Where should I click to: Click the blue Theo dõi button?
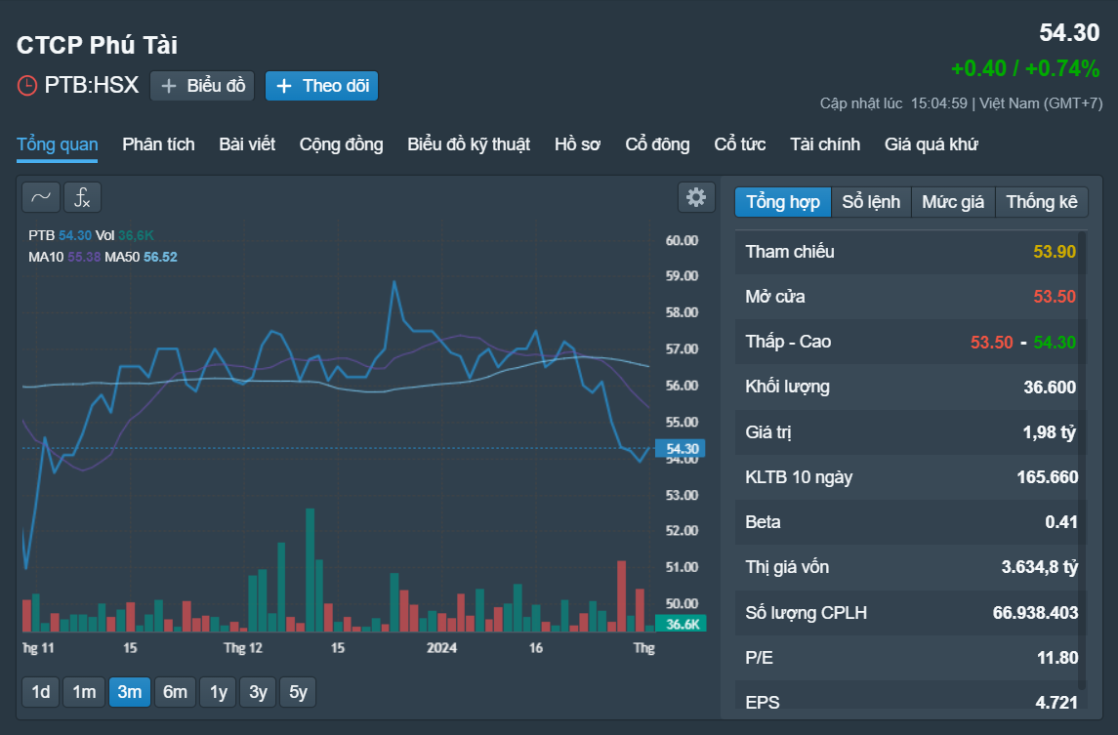(x=321, y=86)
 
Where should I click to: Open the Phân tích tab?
(x=158, y=144)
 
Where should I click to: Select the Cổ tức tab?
(x=739, y=144)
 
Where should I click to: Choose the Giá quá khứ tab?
(x=931, y=144)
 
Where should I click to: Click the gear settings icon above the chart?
(x=696, y=197)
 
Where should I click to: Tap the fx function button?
(x=83, y=197)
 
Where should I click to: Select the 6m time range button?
(x=175, y=691)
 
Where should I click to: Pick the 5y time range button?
(x=298, y=691)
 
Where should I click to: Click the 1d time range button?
(x=41, y=691)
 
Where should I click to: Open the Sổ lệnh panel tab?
(x=871, y=202)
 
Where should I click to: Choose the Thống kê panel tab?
(x=1041, y=202)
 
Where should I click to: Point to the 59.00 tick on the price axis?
(x=682, y=276)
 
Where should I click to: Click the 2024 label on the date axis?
(x=441, y=648)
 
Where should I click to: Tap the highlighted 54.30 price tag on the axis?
(x=681, y=448)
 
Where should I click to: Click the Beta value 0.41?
(x=1061, y=522)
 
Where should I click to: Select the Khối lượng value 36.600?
(x=1050, y=388)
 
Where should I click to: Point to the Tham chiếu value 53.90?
(x=1055, y=252)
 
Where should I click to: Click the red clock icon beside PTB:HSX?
(x=27, y=86)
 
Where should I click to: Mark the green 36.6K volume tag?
(x=681, y=624)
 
